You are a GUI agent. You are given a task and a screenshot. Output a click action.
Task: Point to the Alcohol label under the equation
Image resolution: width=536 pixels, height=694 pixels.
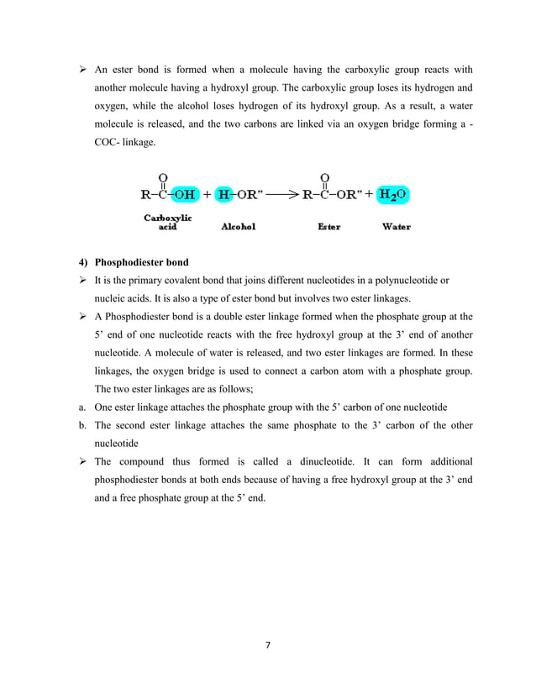tap(238, 227)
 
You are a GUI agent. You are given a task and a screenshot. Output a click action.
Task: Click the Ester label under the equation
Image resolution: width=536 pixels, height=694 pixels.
tap(328, 227)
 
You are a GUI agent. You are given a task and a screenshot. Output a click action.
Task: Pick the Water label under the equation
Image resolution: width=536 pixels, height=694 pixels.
tap(396, 227)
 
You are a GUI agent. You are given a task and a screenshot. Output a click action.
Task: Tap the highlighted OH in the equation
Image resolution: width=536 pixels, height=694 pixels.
tap(184, 195)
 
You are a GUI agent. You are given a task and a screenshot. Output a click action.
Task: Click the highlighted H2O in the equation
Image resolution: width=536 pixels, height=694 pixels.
tap(392, 195)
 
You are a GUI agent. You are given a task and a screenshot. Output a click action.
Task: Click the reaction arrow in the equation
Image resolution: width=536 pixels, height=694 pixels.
tap(282, 195)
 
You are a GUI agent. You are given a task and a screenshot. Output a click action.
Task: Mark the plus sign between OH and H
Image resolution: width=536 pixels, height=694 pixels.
tap(207, 195)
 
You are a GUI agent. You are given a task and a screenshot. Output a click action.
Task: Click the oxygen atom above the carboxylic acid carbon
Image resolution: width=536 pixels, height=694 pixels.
tap(161, 177)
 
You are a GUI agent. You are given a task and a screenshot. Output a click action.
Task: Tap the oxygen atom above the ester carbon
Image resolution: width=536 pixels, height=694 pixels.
tap(324, 177)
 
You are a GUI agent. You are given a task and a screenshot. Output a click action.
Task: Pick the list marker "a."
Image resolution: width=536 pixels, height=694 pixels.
tap(72, 407)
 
